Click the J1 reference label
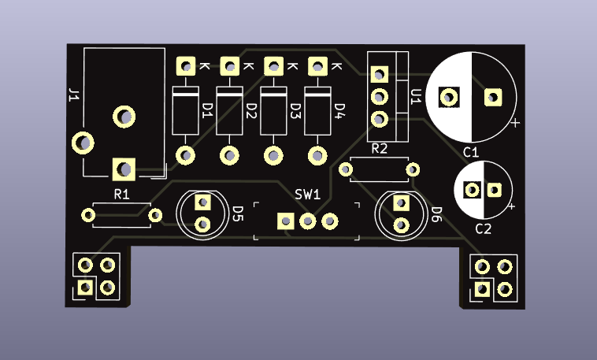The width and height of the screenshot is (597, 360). tap(73, 96)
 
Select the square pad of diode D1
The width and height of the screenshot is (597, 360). tap(186, 65)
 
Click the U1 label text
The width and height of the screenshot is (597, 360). tap(417, 96)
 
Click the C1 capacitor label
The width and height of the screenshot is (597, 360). tap(471, 151)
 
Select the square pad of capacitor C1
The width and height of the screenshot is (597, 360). tap(493, 97)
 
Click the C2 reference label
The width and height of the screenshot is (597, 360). tap(483, 229)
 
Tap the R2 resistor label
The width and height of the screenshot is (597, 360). tap(379, 148)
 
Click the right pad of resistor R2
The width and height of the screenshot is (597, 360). tap(413, 169)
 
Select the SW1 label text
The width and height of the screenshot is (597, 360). tap(307, 194)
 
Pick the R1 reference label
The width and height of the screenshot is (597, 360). tap(121, 194)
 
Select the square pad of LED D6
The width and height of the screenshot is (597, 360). tap(401, 203)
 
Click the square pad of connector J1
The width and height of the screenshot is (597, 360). tap(124, 169)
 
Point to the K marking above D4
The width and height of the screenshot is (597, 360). tap(337, 66)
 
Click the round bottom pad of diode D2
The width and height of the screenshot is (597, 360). tap(231, 155)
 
